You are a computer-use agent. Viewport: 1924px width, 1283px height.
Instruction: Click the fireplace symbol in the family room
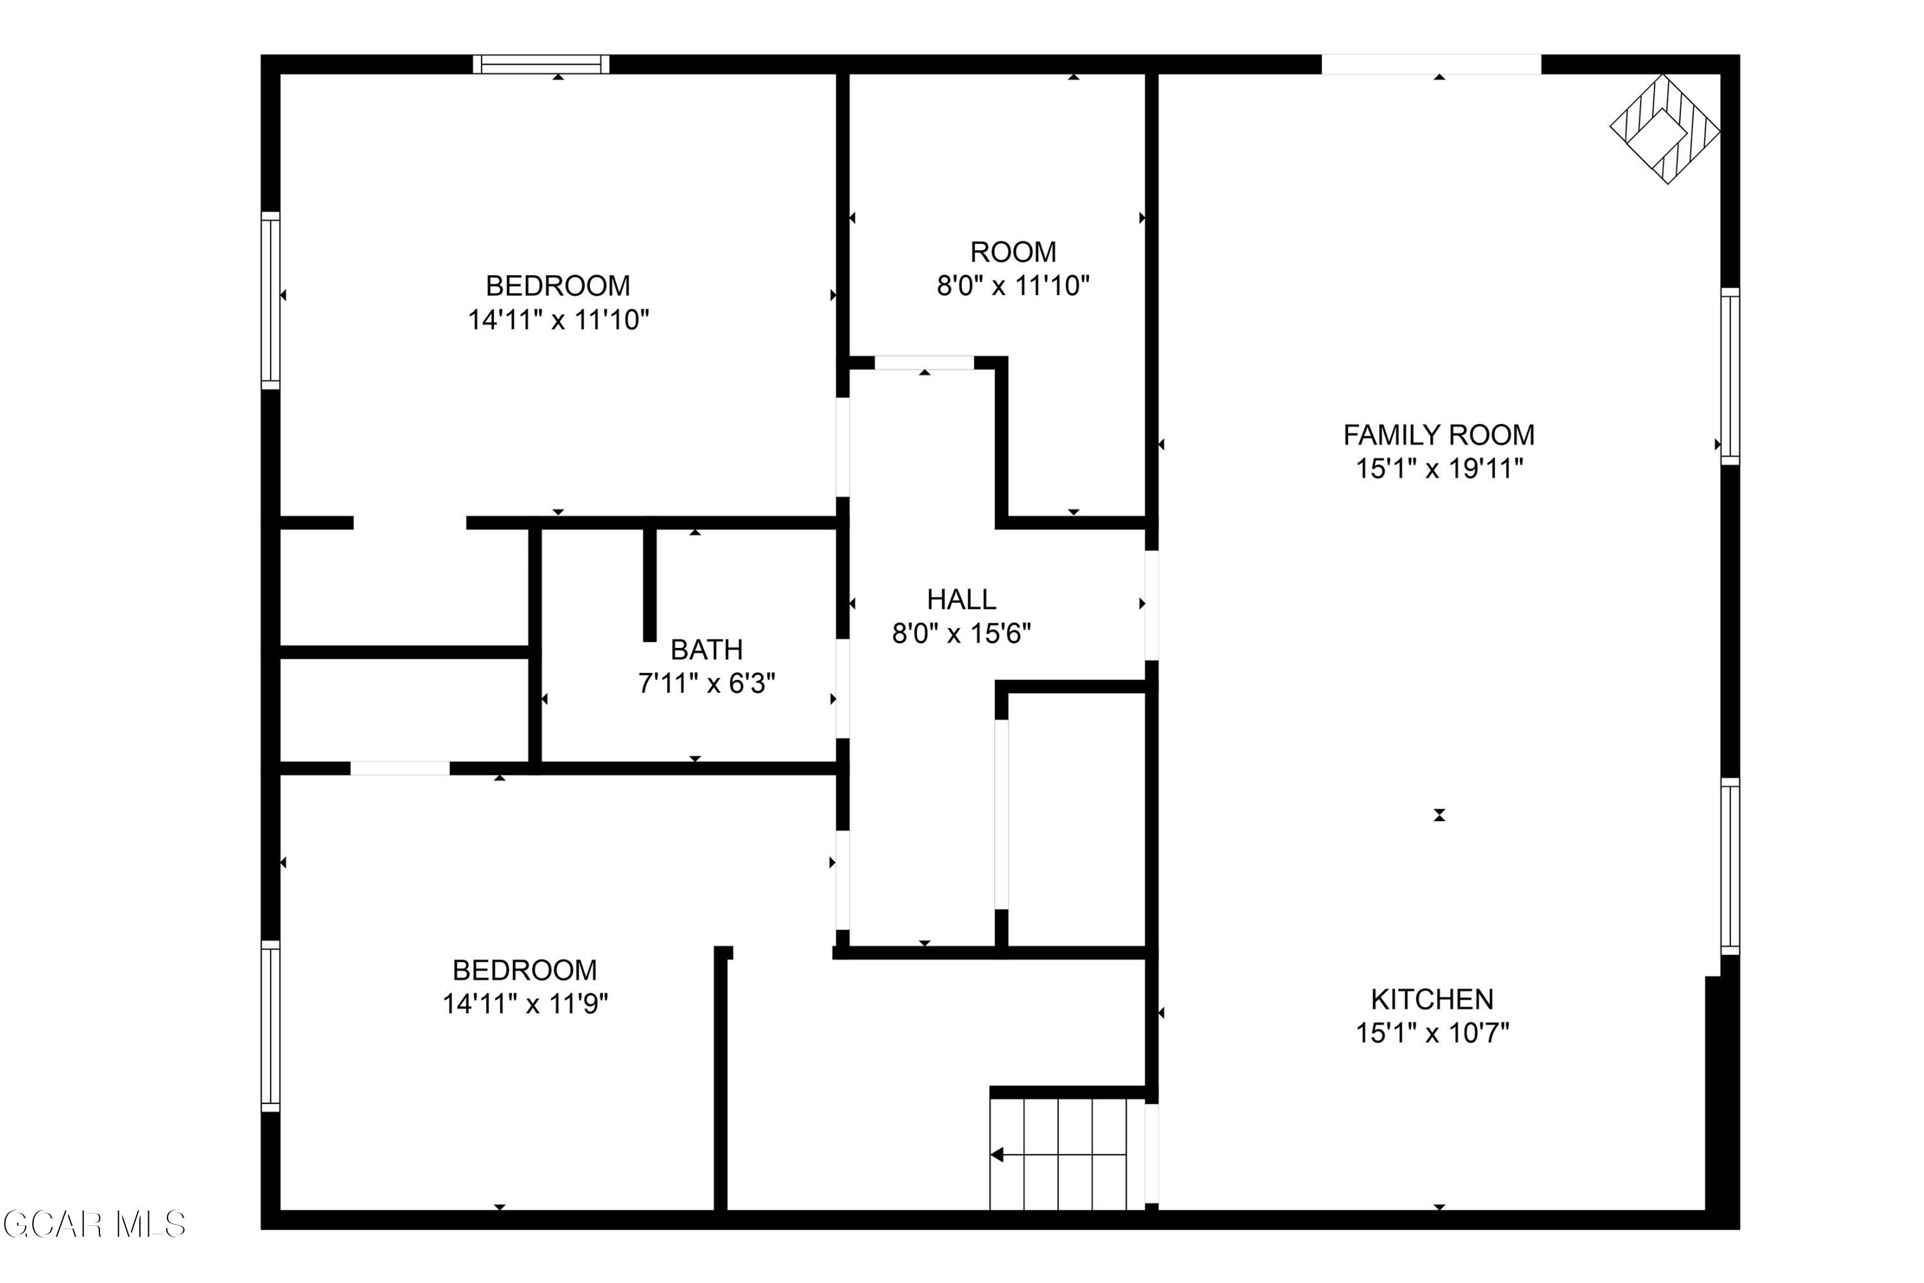click(1665, 128)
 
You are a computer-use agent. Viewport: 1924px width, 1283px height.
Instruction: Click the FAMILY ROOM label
click(1439, 434)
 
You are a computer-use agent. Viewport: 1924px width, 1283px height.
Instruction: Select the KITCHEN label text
click(1432, 999)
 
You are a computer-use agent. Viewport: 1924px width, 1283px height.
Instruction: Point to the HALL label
click(961, 600)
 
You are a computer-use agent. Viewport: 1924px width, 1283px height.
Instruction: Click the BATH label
click(707, 650)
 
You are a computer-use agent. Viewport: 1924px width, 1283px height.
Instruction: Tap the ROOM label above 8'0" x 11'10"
click(1013, 252)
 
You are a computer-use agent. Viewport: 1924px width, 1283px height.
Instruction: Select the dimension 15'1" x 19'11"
click(1440, 469)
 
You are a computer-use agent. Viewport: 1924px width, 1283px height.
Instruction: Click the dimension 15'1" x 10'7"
click(1432, 1033)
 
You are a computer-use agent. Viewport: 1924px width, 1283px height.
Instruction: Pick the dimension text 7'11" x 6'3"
click(707, 683)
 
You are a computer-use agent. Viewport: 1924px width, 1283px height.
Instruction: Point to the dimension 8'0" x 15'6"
click(961, 633)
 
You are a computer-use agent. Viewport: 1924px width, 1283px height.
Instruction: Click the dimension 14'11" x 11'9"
click(525, 1004)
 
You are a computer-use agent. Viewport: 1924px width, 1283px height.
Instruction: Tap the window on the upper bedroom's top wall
click(541, 64)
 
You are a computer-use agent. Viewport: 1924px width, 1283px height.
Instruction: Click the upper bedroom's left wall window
click(271, 300)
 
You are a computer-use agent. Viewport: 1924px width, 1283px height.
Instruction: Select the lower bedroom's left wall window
click(271, 1026)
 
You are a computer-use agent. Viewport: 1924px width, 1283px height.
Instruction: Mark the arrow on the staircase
click(1059, 1155)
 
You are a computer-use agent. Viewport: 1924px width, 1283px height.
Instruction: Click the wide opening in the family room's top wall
click(1431, 64)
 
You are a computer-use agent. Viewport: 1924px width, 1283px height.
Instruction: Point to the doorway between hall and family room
click(1151, 605)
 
